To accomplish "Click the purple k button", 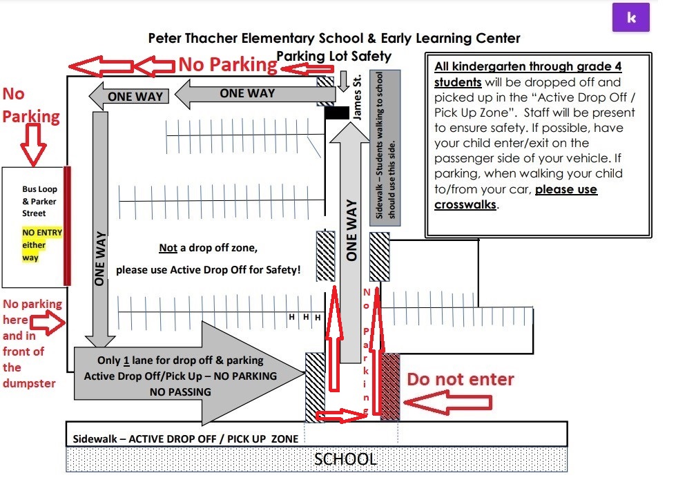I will pyautogui.click(x=631, y=19).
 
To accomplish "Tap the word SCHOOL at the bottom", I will pyautogui.click(x=345, y=459).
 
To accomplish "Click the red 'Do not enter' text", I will pyautogui.click(x=460, y=379).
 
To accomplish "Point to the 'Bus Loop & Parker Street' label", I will pyautogui.click(x=39, y=201).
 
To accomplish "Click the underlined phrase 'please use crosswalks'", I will pyautogui.click(x=516, y=197).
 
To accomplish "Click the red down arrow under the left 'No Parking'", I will pyautogui.click(x=32, y=146).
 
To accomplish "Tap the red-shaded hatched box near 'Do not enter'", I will pyautogui.click(x=390, y=387).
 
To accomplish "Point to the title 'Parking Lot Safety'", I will pyautogui.click(x=333, y=56).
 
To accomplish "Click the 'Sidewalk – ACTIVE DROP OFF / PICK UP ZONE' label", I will pyautogui.click(x=186, y=438).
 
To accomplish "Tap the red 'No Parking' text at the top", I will pyautogui.click(x=227, y=65).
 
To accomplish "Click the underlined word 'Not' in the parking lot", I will pyautogui.click(x=168, y=249).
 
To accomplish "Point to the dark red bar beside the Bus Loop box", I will pyautogui.click(x=67, y=226).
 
